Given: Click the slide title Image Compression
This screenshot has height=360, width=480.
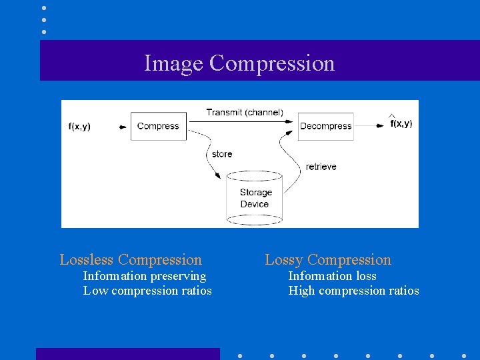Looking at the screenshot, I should [x=239, y=63].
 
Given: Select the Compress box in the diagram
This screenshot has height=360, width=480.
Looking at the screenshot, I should [x=158, y=126].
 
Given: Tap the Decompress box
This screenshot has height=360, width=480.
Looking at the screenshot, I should [x=325, y=126].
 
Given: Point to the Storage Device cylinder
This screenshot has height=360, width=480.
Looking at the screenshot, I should [x=255, y=198].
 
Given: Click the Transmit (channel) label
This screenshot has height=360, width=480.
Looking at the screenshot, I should [x=244, y=112].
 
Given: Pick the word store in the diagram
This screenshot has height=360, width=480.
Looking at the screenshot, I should [x=222, y=154].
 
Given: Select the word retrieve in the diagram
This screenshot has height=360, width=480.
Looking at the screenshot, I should [x=321, y=166].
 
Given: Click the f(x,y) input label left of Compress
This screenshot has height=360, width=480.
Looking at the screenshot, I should [x=80, y=126].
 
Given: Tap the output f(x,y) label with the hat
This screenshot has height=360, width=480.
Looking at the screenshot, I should [x=401, y=123].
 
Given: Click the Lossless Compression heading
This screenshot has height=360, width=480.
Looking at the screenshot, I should [x=131, y=259].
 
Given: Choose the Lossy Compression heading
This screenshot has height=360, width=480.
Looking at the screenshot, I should [x=328, y=259].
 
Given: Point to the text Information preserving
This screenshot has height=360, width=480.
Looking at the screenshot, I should [x=145, y=276].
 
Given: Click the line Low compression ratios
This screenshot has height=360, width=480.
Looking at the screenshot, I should [x=147, y=291].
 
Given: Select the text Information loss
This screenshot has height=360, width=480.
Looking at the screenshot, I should [x=332, y=276].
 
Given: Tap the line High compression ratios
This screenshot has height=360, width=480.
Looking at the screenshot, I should [x=353, y=291].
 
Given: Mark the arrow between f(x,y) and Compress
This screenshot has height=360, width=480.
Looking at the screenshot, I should [x=123, y=126].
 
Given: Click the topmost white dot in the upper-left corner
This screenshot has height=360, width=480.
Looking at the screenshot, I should [x=44, y=8].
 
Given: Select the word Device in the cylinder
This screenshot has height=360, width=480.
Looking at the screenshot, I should [x=255, y=204].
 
